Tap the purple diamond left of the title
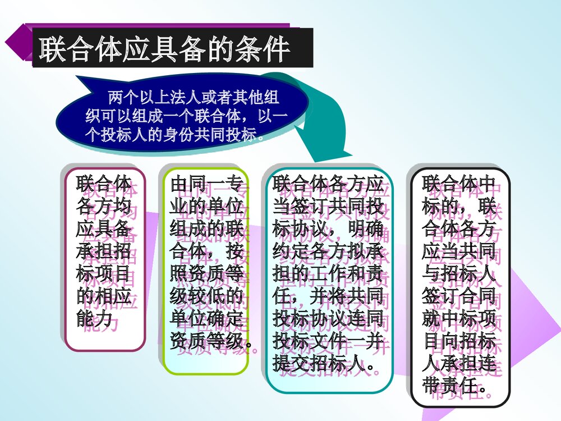pyautogui.click(x=18, y=42)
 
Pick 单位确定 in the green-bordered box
pyautogui.click(x=206, y=319)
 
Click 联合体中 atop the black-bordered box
pyautogui.click(x=459, y=185)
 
